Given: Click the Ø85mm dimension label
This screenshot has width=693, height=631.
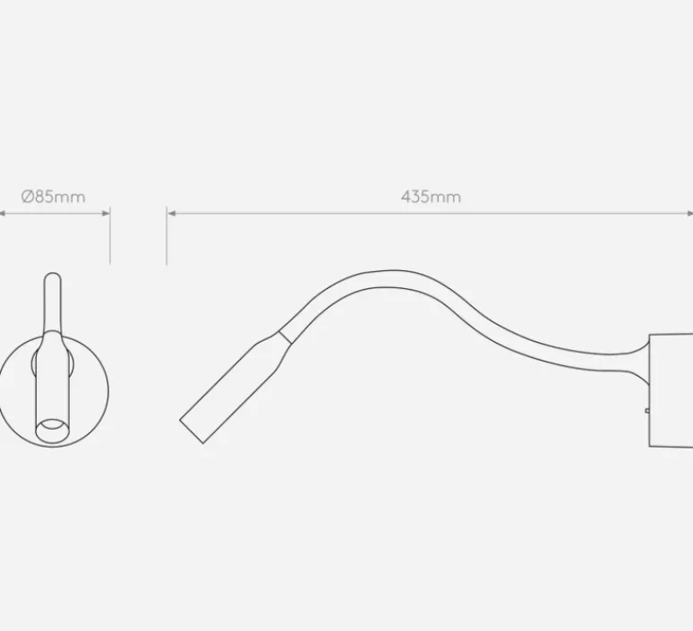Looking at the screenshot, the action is click(x=53, y=196).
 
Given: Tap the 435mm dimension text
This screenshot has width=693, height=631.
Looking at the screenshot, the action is click(x=431, y=196).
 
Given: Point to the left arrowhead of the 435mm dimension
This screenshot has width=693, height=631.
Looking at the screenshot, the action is click(x=172, y=213).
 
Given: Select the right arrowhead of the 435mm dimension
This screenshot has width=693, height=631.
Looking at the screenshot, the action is click(x=689, y=213).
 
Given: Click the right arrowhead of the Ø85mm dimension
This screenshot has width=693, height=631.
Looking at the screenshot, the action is click(x=106, y=213).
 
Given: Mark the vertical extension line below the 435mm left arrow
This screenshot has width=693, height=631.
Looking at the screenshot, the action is click(x=167, y=235).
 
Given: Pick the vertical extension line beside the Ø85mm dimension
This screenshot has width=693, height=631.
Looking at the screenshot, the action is click(x=110, y=235).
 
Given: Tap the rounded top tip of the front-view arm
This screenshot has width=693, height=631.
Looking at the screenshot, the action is click(x=53, y=274).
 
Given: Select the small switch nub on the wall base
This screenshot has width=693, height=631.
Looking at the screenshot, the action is click(x=647, y=411).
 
